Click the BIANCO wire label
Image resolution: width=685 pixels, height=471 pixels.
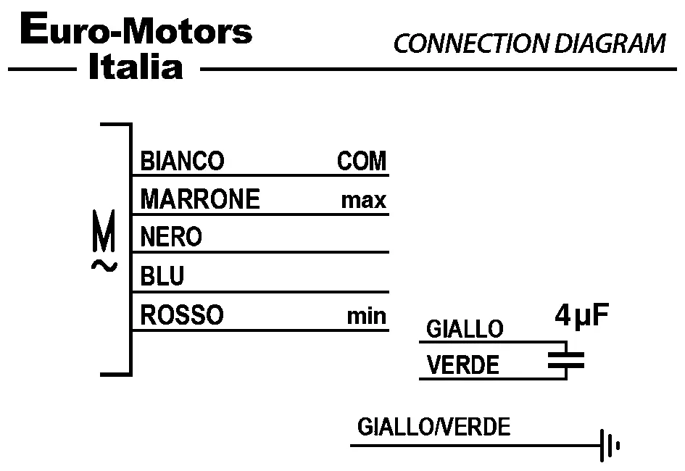click(x=182, y=161)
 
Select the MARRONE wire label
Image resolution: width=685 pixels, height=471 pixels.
click(x=199, y=199)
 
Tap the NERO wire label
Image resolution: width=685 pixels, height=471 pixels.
click(x=171, y=237)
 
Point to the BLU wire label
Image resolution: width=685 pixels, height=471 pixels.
click(x=162, y=276)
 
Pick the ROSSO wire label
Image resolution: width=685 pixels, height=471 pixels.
click(x=182, y=315)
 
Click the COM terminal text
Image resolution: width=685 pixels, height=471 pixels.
click(x=362, y=161)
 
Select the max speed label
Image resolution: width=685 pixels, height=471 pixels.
click(x=364, y=201)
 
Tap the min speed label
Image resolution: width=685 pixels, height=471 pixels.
click(x=366, y=317)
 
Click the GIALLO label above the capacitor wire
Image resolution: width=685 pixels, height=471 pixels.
click(x=464, y=330)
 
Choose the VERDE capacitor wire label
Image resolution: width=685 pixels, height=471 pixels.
click(x=463, y=365)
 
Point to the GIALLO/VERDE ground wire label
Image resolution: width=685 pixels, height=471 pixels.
click(x=433, y=427)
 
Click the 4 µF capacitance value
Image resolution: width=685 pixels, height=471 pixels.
click(x=581, y=317)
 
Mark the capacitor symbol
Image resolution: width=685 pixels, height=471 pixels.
click(x=565, y=360)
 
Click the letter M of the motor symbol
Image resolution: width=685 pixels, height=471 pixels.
click(x=104, y=231)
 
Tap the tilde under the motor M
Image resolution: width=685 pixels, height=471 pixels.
click(x=104, y=266)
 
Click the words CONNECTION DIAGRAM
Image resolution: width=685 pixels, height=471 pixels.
click(x=529, y=44)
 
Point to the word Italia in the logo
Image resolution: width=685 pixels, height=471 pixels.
click(x=135, y=67)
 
